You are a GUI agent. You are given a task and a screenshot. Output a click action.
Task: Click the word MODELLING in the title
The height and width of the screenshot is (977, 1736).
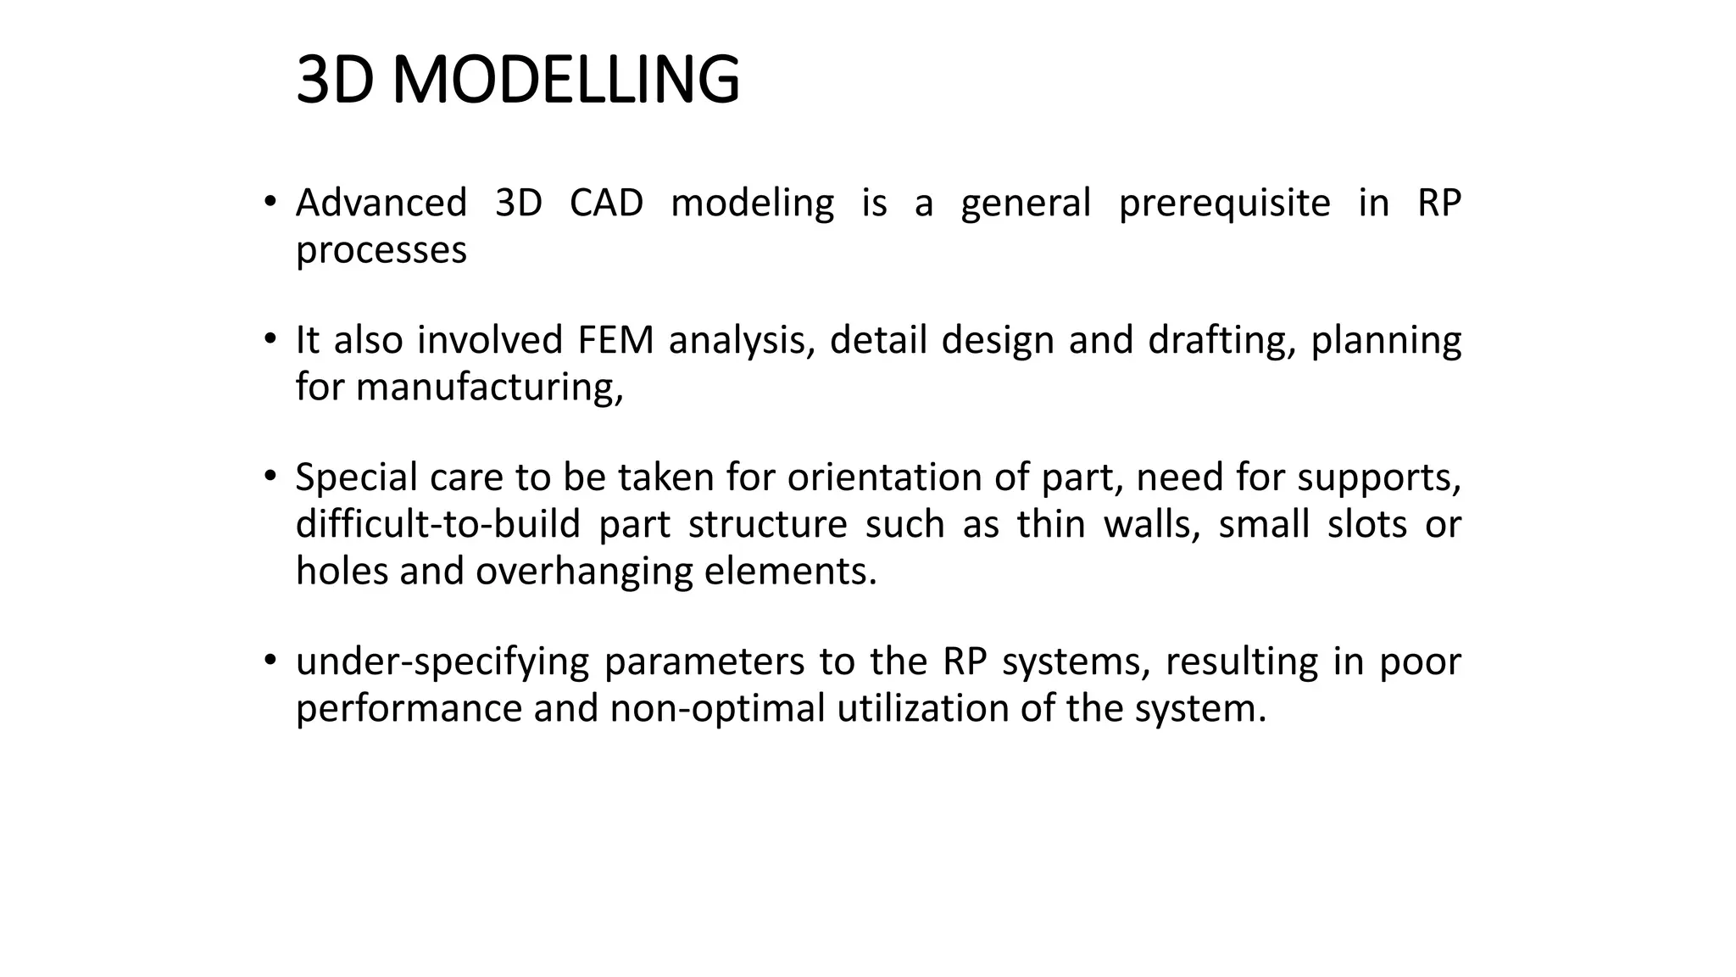565,81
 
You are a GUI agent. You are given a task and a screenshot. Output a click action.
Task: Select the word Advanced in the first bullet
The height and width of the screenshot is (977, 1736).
381,204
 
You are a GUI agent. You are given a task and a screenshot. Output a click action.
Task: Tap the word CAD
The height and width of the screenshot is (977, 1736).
606,204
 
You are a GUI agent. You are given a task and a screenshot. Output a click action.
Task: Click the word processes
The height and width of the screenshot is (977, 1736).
381,251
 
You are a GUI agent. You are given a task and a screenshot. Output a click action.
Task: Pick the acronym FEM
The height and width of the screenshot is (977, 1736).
615,341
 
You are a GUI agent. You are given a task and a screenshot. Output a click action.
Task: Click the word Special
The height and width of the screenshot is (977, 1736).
356,478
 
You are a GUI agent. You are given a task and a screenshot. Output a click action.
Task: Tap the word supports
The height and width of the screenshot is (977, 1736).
1379,478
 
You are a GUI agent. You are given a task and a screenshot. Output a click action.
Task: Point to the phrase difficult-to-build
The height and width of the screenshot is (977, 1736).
437,525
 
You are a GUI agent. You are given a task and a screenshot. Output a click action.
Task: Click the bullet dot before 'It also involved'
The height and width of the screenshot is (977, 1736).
270,339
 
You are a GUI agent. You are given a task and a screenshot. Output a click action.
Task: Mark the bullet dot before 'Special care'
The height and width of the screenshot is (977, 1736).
270,477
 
